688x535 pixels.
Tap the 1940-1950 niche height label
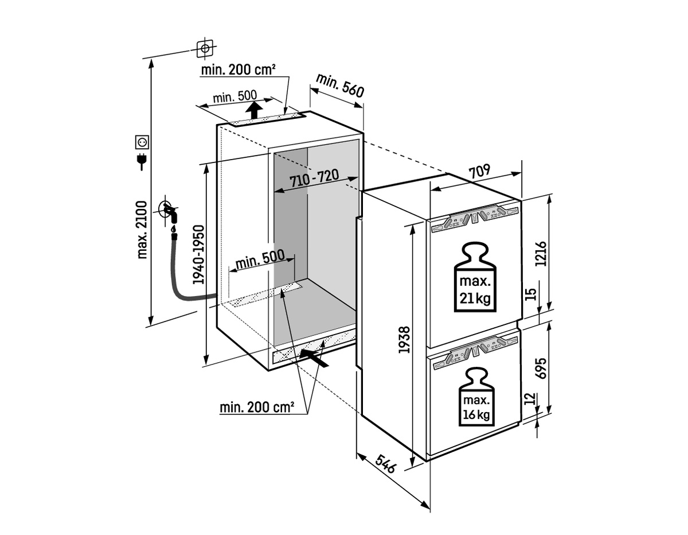pyautogui.click(x=199, y=254)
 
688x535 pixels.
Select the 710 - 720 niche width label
pyautogui.click(x=314, y=178)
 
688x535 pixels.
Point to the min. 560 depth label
pyautogui.click(x=340, y=86)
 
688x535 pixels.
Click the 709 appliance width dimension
pyautogui.click(x=479, y=172)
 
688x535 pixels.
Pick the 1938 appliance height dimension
pyautogui.click(x=404, y=340)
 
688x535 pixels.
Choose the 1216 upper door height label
pyautogui.click(x=541, y=254)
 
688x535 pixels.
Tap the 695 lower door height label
pyautogui.click(x=541, y=369)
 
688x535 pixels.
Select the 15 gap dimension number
pyautogui.click(x=532, y=294)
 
